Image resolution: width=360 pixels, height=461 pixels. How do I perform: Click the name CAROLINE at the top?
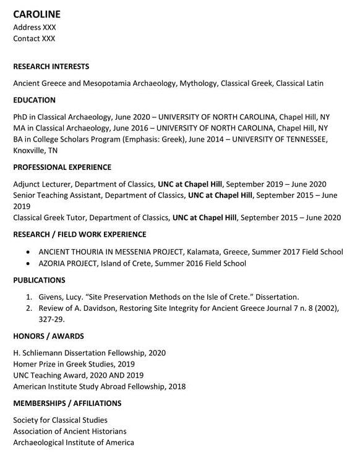(36, 14)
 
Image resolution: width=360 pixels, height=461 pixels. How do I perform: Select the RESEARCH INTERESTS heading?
(51, 66)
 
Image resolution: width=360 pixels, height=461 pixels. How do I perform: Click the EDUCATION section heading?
(34, 99)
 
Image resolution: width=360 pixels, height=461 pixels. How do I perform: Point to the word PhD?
(20, 117)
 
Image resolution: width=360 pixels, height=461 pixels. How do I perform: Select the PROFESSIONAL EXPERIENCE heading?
(62, 167)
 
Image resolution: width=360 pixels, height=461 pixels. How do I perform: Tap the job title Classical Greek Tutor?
(52, 218)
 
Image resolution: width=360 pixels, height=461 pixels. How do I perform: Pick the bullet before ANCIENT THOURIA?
(28, 252)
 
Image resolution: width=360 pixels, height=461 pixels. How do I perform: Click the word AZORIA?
(53, 263)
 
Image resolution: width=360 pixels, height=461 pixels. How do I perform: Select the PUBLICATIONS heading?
(38, 280)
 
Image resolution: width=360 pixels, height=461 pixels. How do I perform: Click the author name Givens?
(51, 297)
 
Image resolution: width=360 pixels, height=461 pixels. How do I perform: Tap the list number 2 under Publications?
(28, 308)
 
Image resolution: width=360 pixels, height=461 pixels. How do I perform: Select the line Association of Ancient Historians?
(69, 431)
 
